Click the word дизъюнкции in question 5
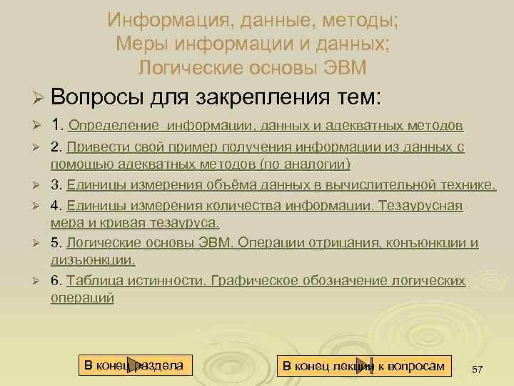(x=93, y=259)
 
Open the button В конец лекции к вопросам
(x=363, y=366)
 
